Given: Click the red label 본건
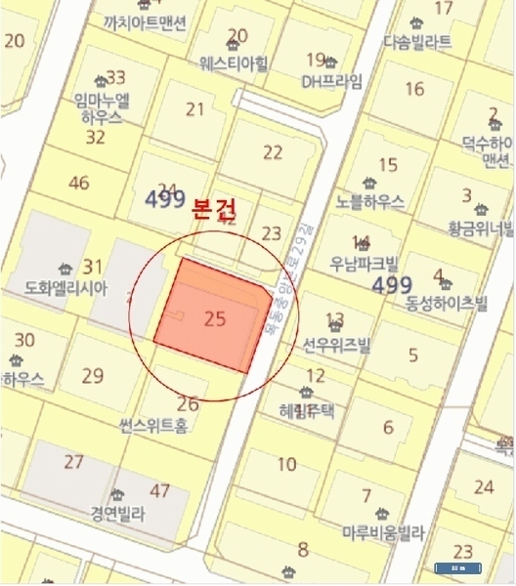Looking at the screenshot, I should [x=215, y=210].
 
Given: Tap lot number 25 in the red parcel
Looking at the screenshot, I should [x=216, y=317].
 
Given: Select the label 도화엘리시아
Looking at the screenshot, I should [x=66, y=289].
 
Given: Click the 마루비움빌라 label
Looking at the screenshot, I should [x=383, y=533].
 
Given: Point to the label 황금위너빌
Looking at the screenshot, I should [x=481, y=230].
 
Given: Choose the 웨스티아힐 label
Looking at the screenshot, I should [x=234, y=62].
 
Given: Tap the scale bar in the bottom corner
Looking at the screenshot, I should [x=456, y=566].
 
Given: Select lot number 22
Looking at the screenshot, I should [x=273, y=151].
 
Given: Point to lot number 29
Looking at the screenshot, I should [x=93, y=375].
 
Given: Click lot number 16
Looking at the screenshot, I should [x=414, y=89].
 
